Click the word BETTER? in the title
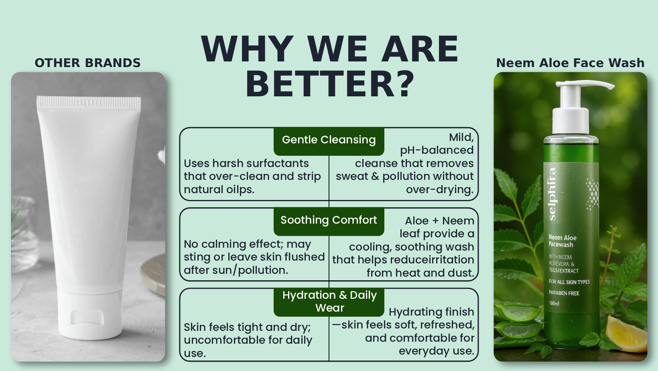tap(330, 84)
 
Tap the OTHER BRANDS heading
tap(87, 63)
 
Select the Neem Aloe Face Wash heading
tap(570, 63)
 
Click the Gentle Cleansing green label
tap(329, 141)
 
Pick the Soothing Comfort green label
tap(329, 221)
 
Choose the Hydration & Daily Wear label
tap(329, 302)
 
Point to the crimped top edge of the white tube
tap(89, 102)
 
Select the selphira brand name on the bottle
tap(552, 194)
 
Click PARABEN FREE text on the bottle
tap(564, 293)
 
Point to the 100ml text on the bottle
tap(554, 303)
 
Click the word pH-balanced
tap(437, 150)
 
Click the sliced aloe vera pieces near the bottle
tap(518, 320)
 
